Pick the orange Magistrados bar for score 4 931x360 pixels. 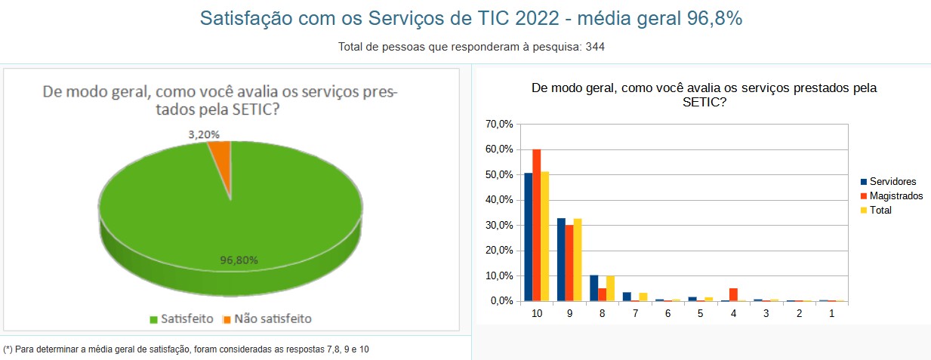(733, 294)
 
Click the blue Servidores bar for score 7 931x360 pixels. (627, 297)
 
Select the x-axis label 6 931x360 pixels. (668, 313)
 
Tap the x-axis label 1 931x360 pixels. (831, 313)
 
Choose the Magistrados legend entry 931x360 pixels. (896, 196)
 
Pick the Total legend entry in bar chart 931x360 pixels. (880, 211)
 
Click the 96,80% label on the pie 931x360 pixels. (239, 260)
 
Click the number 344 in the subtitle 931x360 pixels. (595, 47)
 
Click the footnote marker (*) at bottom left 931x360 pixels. (8, 349)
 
